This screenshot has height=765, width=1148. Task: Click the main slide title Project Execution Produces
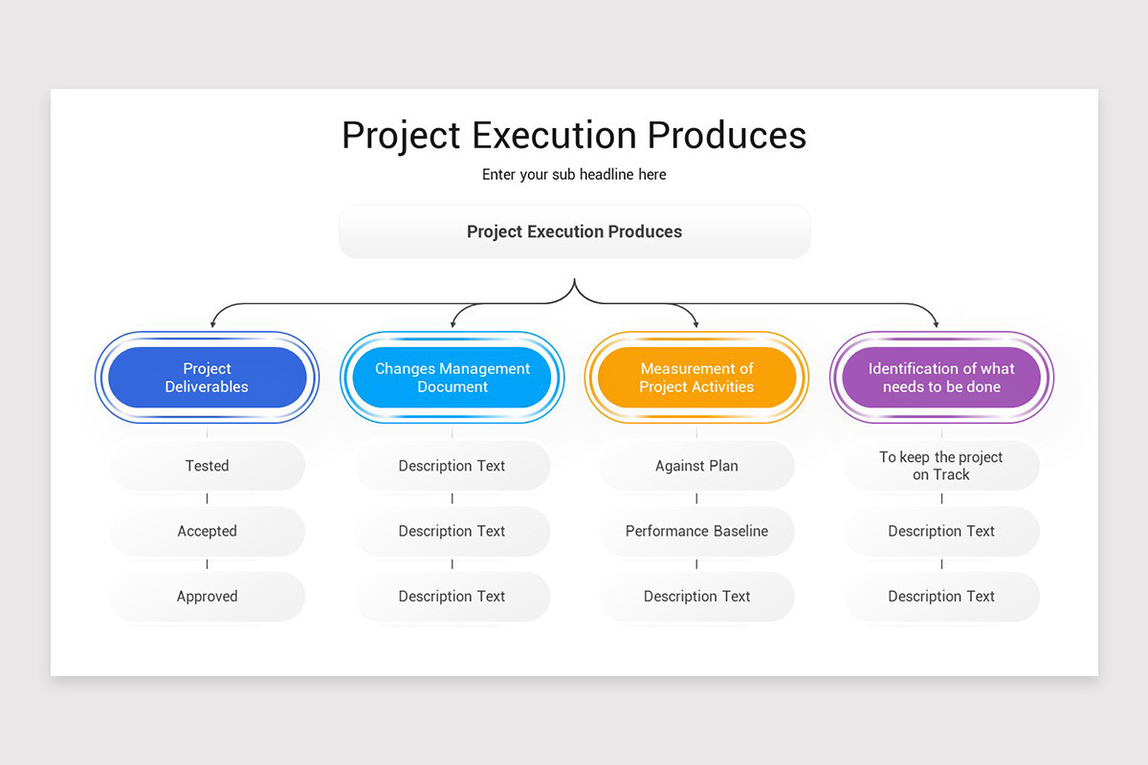(x=574, y=135)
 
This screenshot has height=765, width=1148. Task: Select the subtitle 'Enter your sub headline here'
(x=574, y=175)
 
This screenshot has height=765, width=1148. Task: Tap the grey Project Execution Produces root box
(x=574, y=231)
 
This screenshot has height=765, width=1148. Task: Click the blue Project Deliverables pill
(x=207, y=378)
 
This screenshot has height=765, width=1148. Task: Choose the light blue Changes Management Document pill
(x=452, y=378)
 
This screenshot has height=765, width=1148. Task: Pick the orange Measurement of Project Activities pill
(x=696, y=378)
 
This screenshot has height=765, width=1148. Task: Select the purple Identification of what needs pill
(x=941, y=378)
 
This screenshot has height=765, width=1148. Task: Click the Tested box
(x=207, y=466)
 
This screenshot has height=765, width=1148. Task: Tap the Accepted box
(x=207, y=531)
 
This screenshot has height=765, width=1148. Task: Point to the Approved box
(x=207, y=596)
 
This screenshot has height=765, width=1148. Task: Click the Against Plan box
(x=696, y=466)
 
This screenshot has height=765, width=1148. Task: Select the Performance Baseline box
(x=696, y=531)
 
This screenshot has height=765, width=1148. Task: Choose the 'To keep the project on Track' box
(x=941, y=466)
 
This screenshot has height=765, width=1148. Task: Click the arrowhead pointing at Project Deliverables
(x=212, y=324)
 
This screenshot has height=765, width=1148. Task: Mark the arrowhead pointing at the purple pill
(x=937, y=324)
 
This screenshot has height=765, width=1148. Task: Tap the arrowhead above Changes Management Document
(x=453, y=324)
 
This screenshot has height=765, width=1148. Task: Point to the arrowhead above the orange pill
(x=695, y=324)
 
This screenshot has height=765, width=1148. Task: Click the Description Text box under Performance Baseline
(x=696, y=596)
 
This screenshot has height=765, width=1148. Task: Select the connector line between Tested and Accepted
(x=207, y=498)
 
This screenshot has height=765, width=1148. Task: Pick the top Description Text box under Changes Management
(x=452, y=466)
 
